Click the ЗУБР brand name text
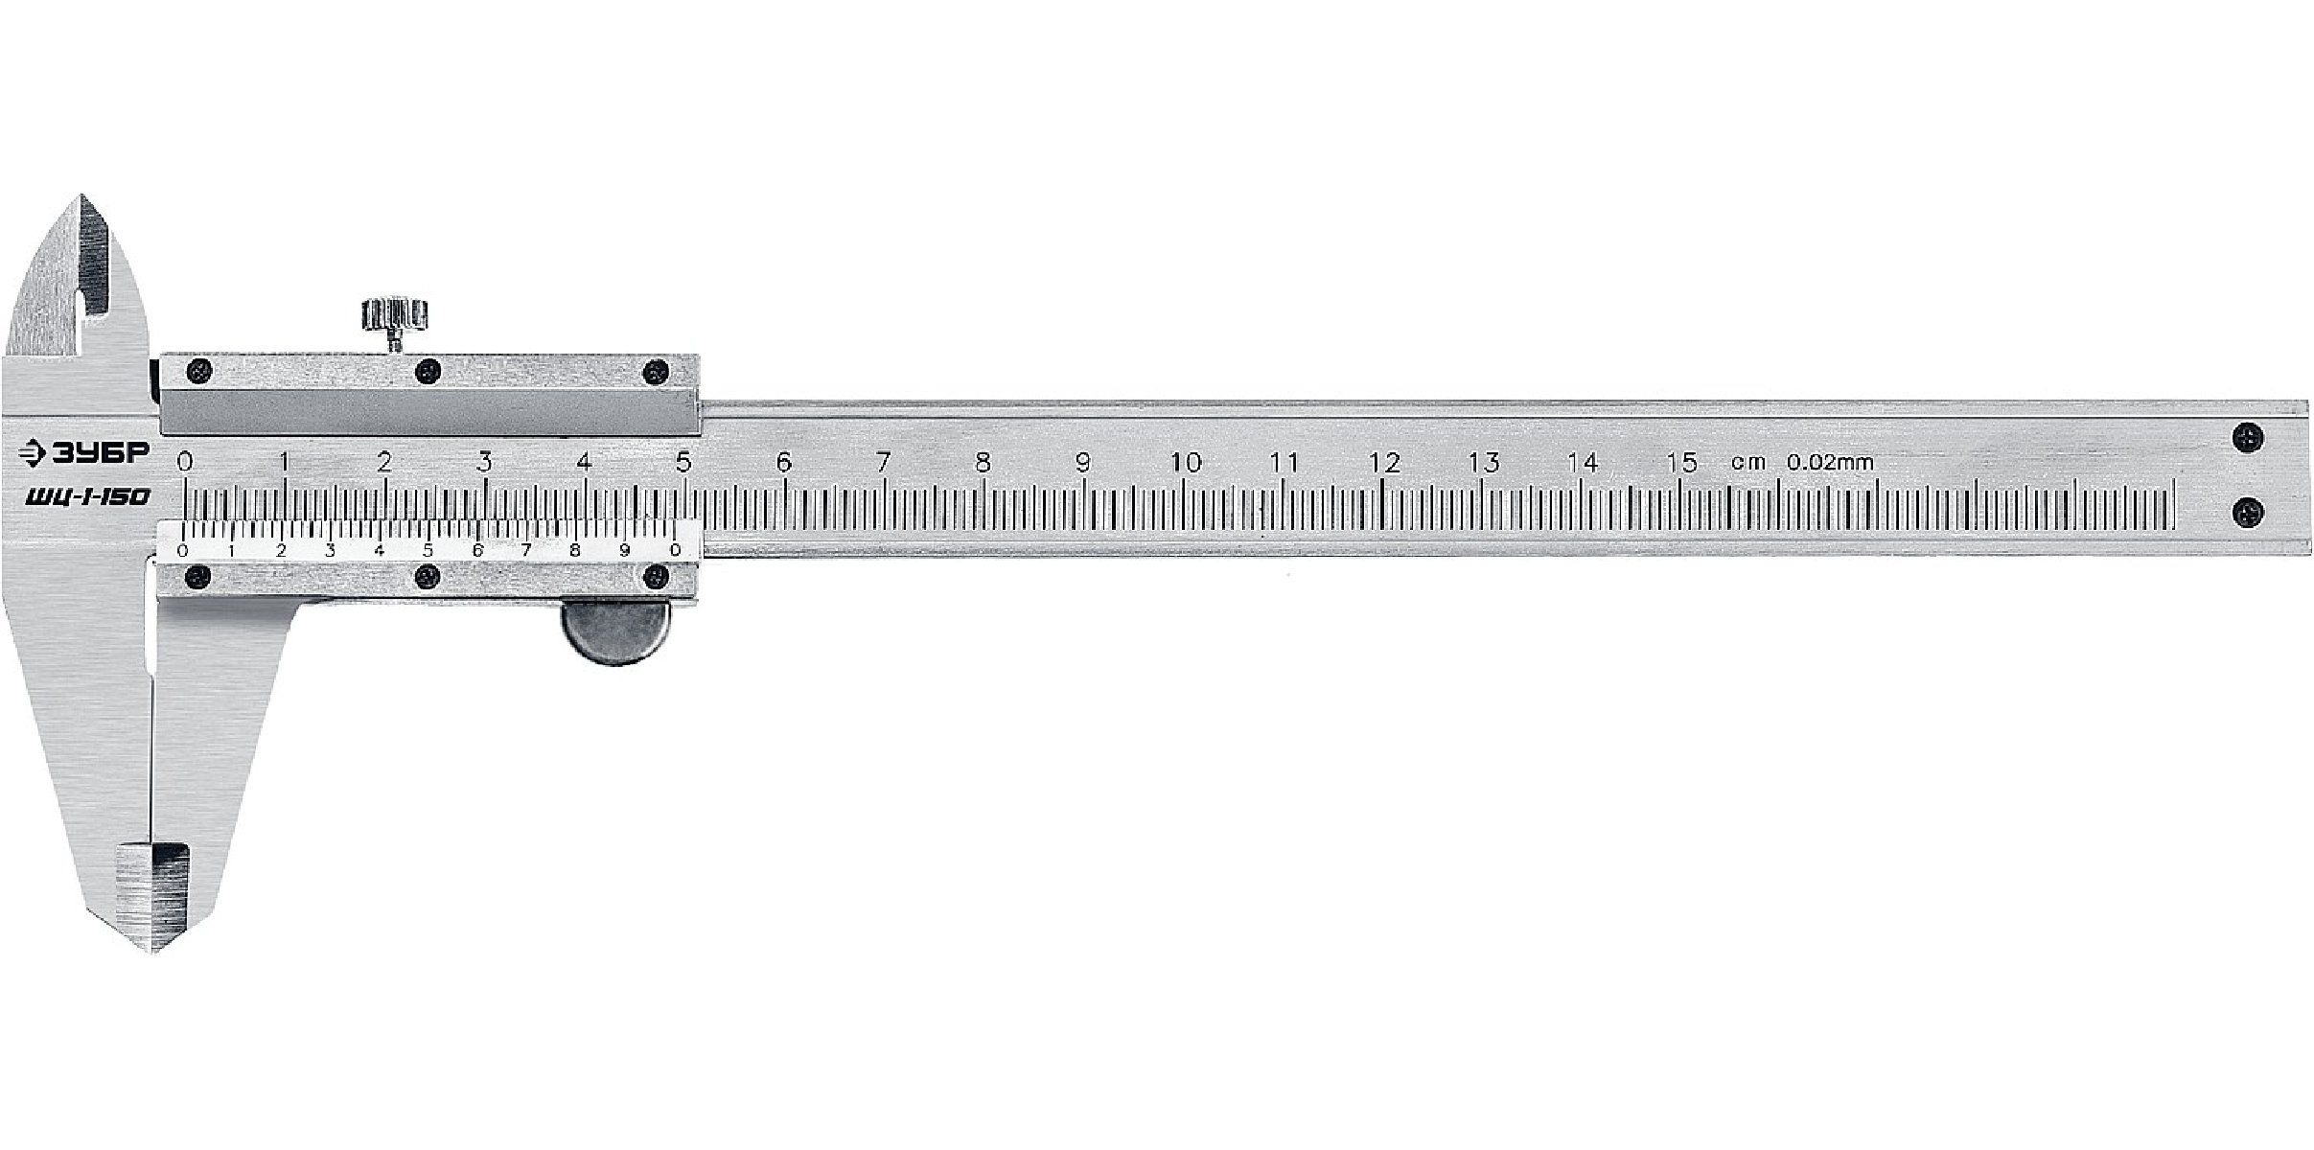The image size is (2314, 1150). pyautogui.click(x=100, y=455)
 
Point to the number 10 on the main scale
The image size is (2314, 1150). pyautogui.click(x=1186, y=462)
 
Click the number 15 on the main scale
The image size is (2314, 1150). pyautogui.click(x=1682, y=462)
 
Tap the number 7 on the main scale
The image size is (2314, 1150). pyautogui.click(x=883, y=462)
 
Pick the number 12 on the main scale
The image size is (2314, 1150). pyautogui.click(x=1384, y=462)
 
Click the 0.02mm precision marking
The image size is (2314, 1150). pyautogui.click(x=1830, y=462)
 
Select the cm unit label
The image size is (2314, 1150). pyautogui.click(x=1747, y=463)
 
